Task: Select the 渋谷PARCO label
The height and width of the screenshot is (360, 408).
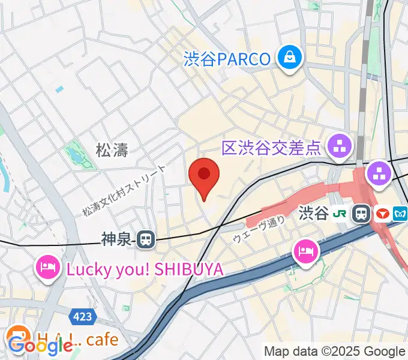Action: click(227, 59)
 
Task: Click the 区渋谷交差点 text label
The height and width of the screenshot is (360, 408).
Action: click(272, 147)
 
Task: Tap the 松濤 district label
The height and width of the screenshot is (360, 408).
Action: click(112, 149)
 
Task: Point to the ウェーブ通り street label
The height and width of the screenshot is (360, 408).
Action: click(259, 230)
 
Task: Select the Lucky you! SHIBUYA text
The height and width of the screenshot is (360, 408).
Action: click(145, 269)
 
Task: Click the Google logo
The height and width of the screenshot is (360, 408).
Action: click(40, 346)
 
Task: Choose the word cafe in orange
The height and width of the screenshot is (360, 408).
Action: click(102, 340)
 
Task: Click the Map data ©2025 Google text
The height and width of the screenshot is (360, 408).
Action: click(335, 352)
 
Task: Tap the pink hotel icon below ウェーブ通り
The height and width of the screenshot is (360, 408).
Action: click(306, 249)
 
